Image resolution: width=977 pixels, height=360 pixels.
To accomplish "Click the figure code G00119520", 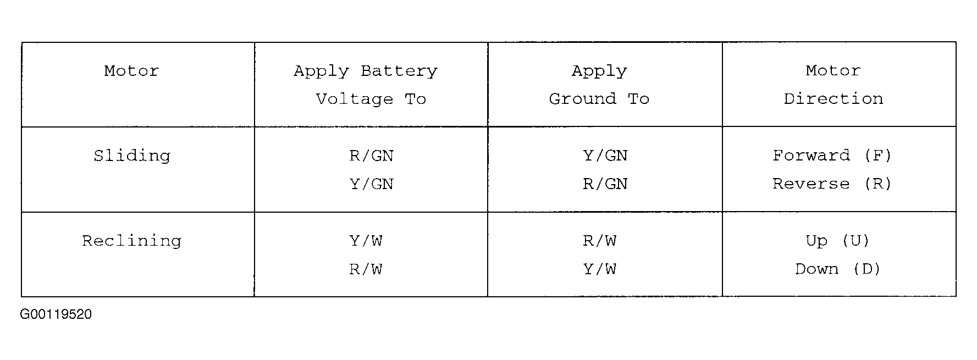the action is [56, 314].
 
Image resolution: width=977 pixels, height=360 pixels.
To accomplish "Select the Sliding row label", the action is [132, 156].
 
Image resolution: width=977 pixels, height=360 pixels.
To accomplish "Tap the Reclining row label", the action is [132, 241].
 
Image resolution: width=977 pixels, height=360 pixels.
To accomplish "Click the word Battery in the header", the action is [399, 71].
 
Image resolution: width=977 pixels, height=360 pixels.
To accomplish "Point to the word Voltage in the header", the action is [355, 99].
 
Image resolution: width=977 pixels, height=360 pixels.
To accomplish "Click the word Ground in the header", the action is [583, 99].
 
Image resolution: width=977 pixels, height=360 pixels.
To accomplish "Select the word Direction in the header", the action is [834, 99].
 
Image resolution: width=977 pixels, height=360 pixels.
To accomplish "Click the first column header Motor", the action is [132, 71].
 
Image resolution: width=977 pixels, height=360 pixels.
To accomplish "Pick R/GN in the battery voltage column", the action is [372, 156].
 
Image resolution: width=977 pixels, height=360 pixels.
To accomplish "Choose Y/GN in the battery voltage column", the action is [372, 184].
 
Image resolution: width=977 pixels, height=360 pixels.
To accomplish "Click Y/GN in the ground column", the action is [605, 156].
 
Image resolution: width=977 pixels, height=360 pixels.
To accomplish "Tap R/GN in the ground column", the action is [605, 184].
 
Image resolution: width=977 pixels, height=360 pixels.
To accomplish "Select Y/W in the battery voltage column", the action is [366, 241].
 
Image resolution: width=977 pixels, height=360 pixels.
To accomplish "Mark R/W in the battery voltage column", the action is [366, 269].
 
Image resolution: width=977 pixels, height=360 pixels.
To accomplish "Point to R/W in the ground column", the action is [600, 241].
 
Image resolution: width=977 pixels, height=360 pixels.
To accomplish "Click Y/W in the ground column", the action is [600, 269].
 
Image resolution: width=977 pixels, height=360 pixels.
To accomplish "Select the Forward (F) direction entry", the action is [832, 156].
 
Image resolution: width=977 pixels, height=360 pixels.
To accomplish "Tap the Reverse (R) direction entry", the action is [832, 184].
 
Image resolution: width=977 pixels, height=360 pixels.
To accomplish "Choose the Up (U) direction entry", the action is [837, 241].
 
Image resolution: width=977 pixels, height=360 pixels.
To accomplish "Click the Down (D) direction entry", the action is [837, 269].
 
